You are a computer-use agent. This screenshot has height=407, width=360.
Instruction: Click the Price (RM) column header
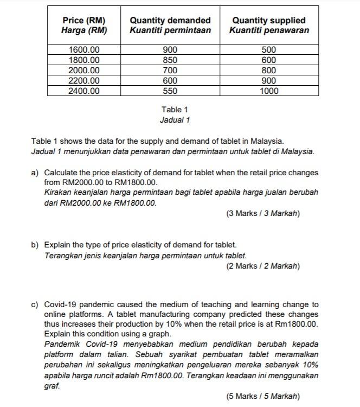coord(83,20)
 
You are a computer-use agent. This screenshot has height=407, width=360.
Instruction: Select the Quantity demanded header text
coord(170,20)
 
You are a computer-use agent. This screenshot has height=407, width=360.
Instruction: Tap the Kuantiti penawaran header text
coord(269,30)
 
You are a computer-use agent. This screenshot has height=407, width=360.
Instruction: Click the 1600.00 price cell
coord(83,50)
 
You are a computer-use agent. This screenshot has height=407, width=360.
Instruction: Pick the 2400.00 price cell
coord(83,91)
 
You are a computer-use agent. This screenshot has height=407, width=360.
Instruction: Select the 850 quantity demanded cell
coord(170,60)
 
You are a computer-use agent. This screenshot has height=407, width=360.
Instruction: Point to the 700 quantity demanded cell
coord(170,71)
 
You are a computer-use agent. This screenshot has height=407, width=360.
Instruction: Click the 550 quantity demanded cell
coord(170,91)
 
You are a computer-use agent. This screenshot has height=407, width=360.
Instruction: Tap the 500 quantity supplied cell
coord(269,50)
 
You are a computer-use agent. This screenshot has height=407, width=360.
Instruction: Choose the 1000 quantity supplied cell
coord(269,91)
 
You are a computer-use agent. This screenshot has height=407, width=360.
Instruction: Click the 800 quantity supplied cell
coord(269,71)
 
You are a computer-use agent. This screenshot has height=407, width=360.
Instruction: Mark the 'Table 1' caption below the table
coord(175,110)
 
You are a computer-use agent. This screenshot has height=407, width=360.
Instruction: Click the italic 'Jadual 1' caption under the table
coord(175,120)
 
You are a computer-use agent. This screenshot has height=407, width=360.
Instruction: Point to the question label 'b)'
coord(35,245)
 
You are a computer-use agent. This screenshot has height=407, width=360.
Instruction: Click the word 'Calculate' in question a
coord(61,173)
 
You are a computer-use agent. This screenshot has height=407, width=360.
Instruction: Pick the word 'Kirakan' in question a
coord(58,193)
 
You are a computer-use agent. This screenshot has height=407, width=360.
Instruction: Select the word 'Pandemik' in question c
coord(61,345)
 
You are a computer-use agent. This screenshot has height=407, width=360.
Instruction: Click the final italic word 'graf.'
coord(52,386)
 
